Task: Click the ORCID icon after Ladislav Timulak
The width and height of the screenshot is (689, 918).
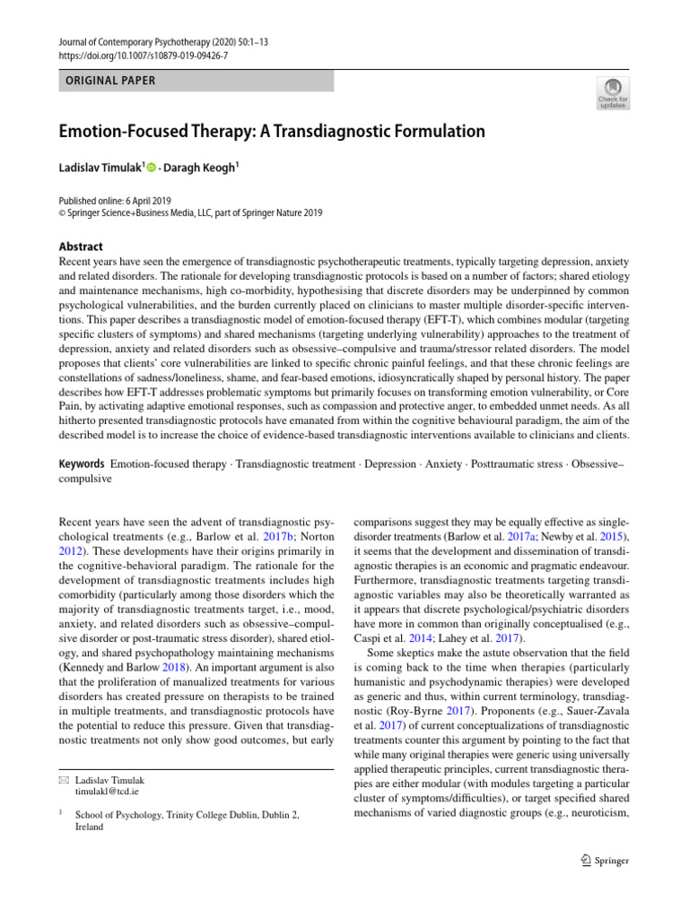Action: tap(151, 168)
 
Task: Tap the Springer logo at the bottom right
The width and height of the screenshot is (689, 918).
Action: tap(601, 861)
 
